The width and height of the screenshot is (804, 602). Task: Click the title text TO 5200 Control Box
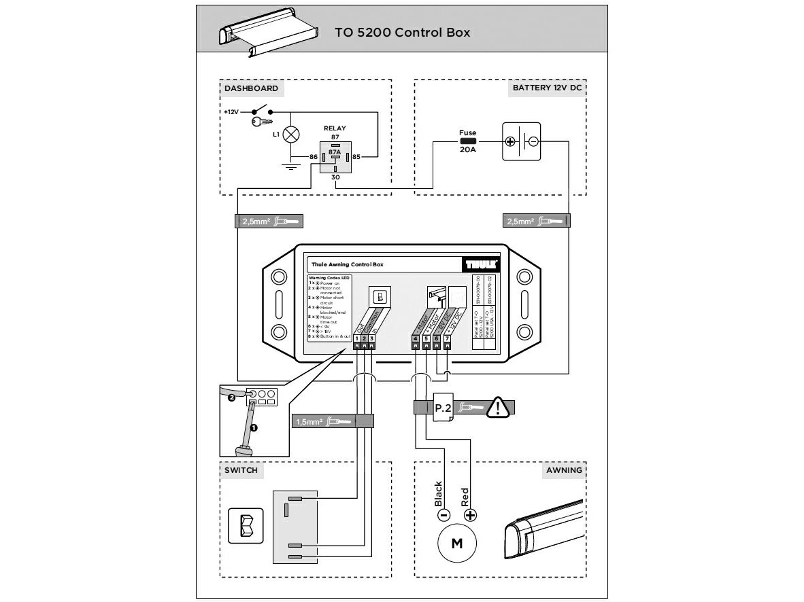click(402, 32)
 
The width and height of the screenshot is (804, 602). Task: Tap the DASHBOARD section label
click(251, 88)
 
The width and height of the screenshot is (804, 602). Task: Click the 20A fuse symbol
click(468, 142)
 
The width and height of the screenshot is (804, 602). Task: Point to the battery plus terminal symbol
click(509, 141)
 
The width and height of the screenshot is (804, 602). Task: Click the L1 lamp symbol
click(291, 134)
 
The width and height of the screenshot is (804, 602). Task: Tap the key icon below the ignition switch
click(261, 122)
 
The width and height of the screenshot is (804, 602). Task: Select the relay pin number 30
click(335, 177)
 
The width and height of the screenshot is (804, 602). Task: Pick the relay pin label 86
click(313, 157)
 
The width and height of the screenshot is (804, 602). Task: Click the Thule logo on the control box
click(482, 264)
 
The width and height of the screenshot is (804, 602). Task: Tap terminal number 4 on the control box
click(416, 338)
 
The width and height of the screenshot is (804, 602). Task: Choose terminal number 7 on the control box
click(447, 338)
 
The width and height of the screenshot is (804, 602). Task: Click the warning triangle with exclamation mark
click(499, 408)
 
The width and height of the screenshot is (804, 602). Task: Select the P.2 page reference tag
click(443, 408)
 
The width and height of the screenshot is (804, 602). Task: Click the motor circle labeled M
click(456, 544)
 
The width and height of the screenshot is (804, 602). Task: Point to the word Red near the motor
click(465, 497)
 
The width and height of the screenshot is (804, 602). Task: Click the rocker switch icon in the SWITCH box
click(246, 525)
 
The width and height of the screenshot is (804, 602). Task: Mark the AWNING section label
click(564, 470)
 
